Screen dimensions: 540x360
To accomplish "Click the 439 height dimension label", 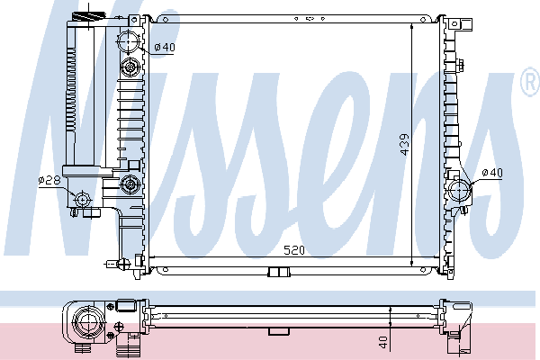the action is click(x=405, y=144).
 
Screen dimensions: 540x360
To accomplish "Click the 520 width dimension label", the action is click(x=294, y=250).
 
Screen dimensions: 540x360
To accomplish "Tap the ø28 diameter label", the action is click(x=49, y=180).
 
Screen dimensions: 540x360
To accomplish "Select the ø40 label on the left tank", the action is click(x=165, y=47).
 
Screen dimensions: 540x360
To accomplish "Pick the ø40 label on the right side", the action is click(x=492, y=173).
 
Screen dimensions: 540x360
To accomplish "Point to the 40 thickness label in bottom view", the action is click(x=382, y=342).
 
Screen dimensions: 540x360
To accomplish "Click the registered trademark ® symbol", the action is click(x=531, y=81).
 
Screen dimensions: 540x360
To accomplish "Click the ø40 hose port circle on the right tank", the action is click(x=460, y=191).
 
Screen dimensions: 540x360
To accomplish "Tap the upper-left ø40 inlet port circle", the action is click(x=129, y=41).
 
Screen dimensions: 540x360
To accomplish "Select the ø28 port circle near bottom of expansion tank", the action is click(x=82, y=199).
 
